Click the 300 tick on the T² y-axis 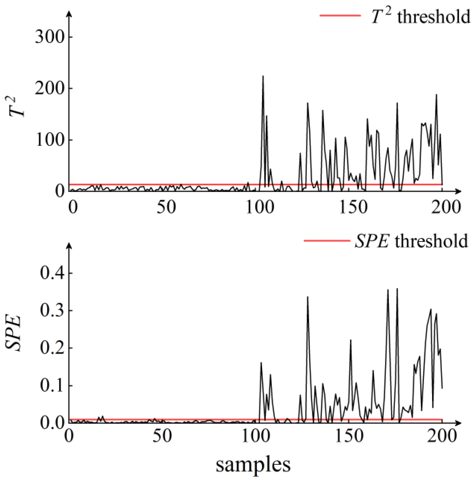49,37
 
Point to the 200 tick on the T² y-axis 49,88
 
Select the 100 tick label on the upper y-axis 49,140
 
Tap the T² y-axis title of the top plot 17,107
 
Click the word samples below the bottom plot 253,464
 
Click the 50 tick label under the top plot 166,207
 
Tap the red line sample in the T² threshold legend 340,16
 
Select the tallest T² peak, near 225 263,76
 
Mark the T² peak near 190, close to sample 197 436,95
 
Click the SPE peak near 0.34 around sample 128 307,297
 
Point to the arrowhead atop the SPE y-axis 69,245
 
